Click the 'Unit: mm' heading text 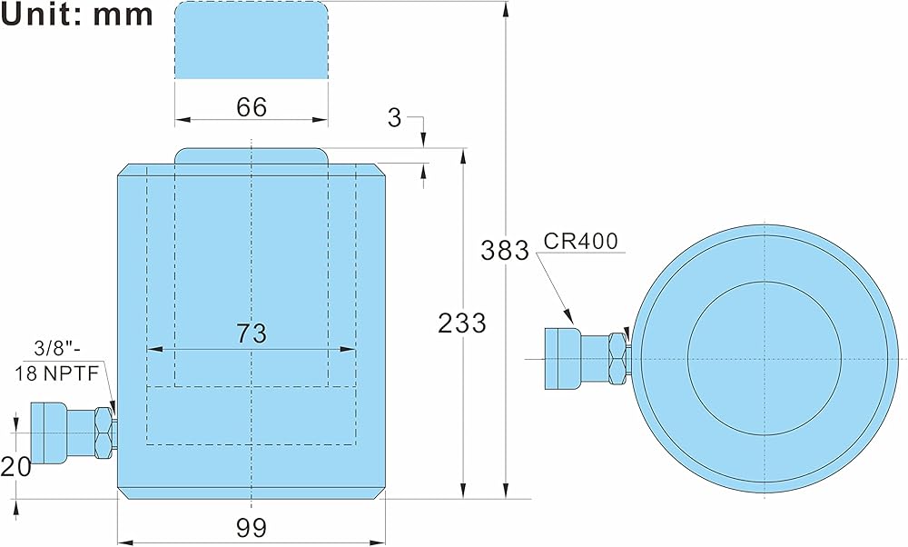tap(77, 15)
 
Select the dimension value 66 tap(252, 107)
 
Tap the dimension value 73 tap(252, 333)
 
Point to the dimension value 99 tap(252, 528)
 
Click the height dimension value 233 tap(461, 323)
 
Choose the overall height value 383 tap(505, 251)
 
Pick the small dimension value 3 tap(394, 117)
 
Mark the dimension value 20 tap(15, 466)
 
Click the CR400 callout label tap(581, 241)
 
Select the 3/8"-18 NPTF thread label tap(56, 361)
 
